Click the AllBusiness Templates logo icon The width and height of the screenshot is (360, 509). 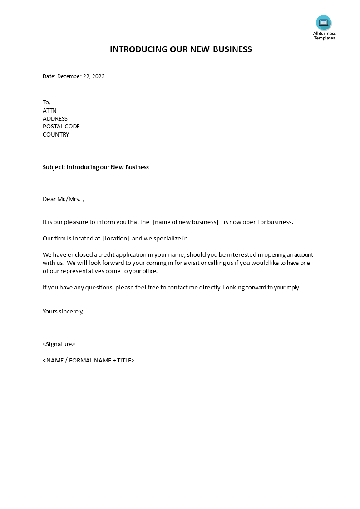click(x=324, y=23)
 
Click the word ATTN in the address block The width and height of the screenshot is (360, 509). click(x=49, y=111)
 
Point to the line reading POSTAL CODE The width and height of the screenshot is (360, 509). click(x=61, y=127)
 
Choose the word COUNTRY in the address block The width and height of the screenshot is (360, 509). click(x=56, y=135)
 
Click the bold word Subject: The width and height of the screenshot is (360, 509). click(x=54, y=167)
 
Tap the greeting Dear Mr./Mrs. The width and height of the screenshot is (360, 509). click(x=62, y=199)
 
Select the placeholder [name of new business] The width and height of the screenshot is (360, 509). click(x=186, y=222)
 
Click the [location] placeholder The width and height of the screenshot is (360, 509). click(x=116, y=239)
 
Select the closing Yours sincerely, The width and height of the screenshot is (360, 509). click(x=63, y=312)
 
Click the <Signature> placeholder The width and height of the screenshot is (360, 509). click(x=59, y=344)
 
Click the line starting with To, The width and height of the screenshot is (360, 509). click(x=46, y=103)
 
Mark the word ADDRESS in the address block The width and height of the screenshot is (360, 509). click(x=55, y=119)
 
